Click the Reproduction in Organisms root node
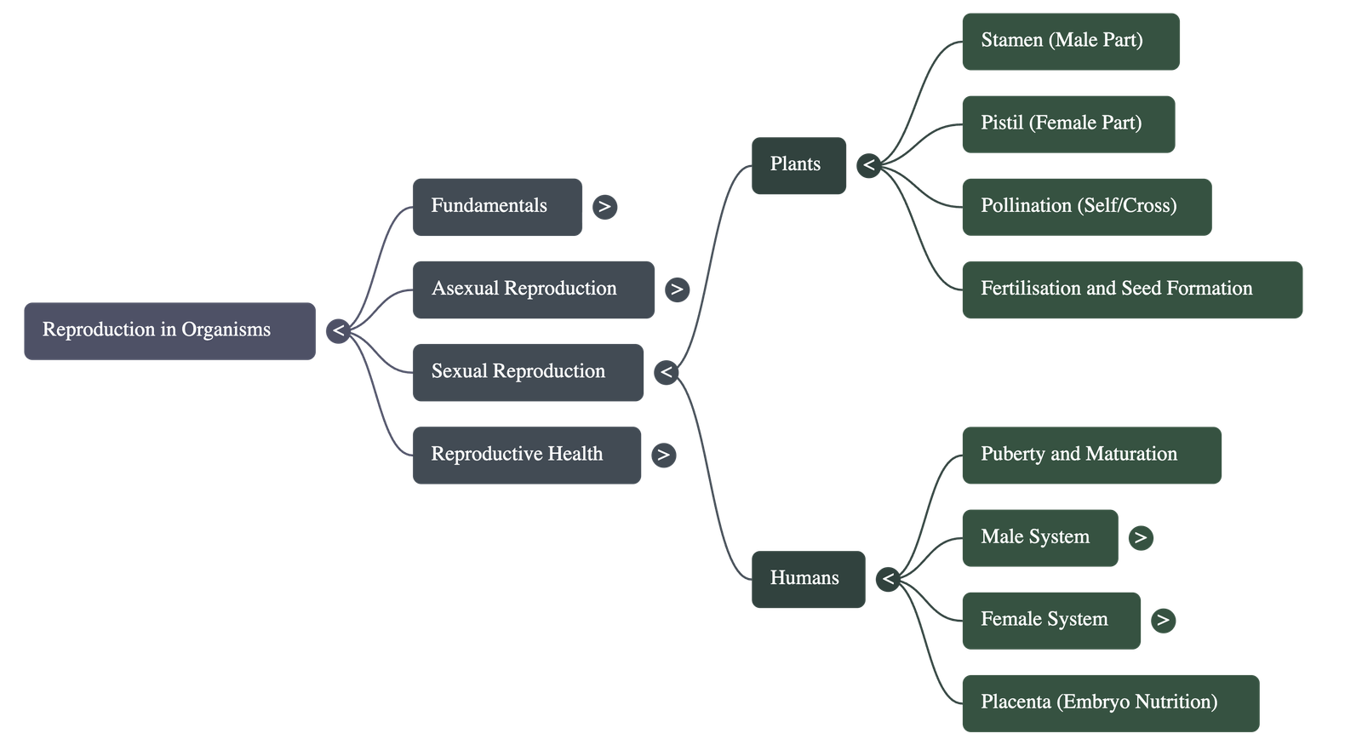click(x=169, y=330)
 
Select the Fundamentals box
click(x=497, y=206)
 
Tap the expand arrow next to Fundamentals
click(x=604, y=207)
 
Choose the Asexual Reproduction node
click(x=534, y=289)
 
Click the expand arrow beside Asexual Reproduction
click(x=677, y=289)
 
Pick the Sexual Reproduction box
click(x=528, y=372)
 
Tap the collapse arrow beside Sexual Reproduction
click(x=666, y=372)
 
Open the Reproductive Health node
click(x=527, y=455)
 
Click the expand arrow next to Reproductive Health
click(x=663, y=455)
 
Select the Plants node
click(x=798, y=165)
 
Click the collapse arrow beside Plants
click(x=868, y=165)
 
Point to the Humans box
click(x=808, y=579)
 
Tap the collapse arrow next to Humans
click(x=888, y=579)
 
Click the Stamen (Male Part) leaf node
click(x=1070, y=41)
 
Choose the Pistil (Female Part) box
click(x=1068, y=123)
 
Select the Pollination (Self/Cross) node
click(x=1086, y=206)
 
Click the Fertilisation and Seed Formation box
click(x=1131, y=289)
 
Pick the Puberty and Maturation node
click(x=1091, y=455)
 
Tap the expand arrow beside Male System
click(x=1140, y=537)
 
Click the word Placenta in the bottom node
click(x=1016, y=702)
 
